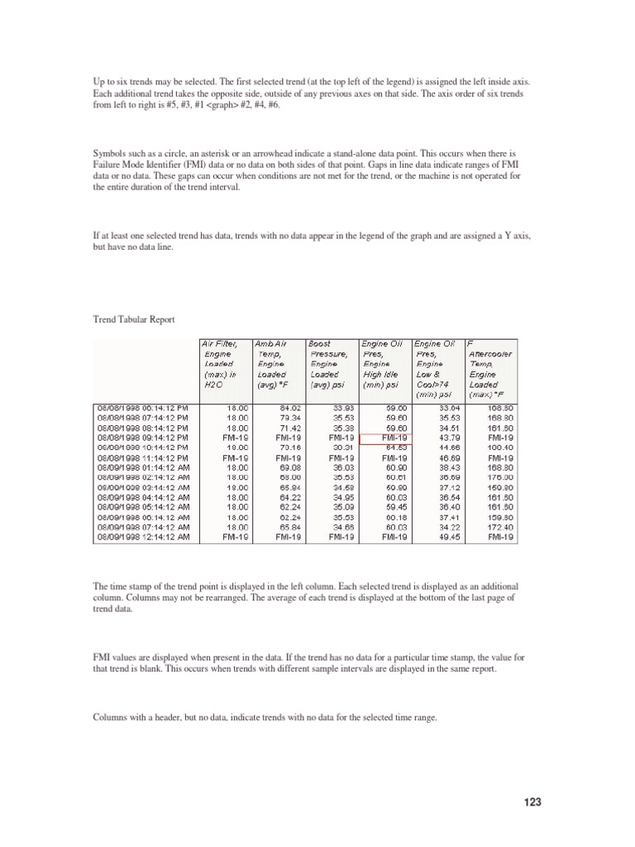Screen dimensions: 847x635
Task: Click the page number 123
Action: click(532, 802)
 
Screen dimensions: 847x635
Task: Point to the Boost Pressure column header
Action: click(331, 363)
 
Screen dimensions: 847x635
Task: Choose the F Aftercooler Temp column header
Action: click(491, 367)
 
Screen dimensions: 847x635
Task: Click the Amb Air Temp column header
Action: click(275, 363)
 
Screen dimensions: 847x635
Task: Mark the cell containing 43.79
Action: click(447, 438)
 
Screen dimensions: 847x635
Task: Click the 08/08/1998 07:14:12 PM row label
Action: click(144, 418)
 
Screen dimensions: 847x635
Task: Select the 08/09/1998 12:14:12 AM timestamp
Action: click(144, 536)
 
